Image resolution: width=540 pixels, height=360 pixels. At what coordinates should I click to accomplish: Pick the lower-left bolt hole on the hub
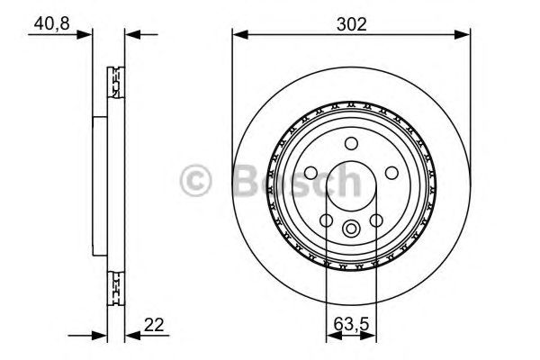pos(326,221)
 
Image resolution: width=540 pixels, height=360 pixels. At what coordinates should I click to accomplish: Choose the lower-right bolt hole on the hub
pos(376,221)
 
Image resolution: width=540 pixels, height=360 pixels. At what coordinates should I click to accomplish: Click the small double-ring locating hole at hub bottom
pos(351,227)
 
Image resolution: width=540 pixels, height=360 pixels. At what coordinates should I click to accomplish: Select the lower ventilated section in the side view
pos(114,285)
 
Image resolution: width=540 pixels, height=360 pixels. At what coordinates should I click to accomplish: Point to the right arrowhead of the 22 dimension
pos(129,336)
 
